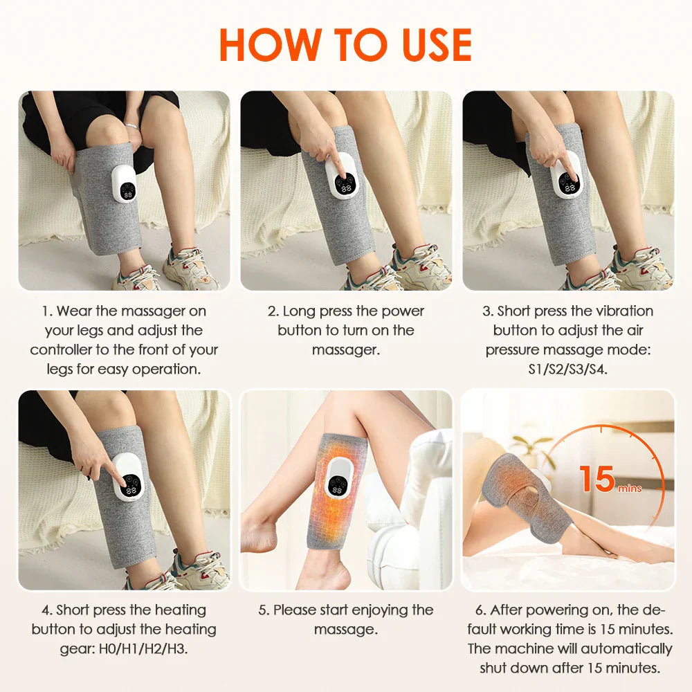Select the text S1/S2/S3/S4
(567, 369)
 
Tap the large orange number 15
(597, 478)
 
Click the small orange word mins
(630, 489)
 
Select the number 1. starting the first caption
(47, 311)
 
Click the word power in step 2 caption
(404, 311)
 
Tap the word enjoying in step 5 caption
(381, 610)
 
